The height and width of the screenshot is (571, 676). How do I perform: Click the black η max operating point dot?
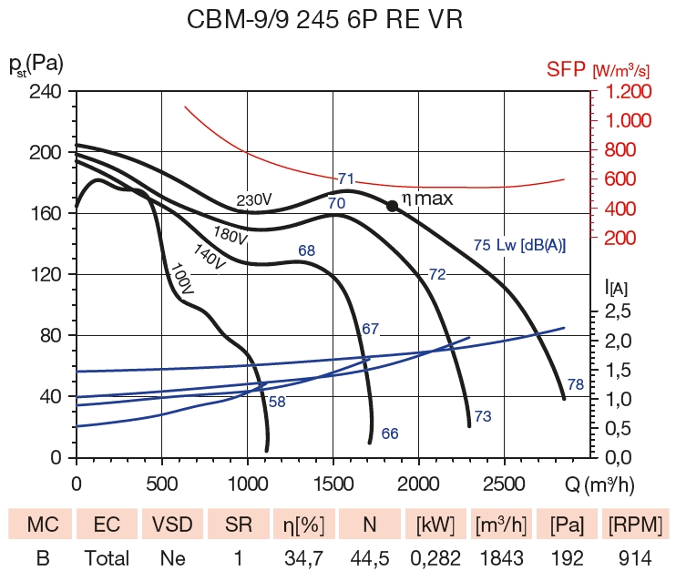392,206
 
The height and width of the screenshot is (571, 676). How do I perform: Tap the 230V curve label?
254,200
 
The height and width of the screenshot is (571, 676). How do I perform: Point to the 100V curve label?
182,279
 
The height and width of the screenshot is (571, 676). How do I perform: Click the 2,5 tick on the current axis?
619,311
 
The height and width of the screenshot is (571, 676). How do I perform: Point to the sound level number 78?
575,385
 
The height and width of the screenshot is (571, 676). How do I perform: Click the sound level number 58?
277,402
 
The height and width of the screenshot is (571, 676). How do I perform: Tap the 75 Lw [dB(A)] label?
519,245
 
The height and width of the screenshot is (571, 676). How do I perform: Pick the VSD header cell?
173,525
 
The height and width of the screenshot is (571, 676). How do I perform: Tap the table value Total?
108,557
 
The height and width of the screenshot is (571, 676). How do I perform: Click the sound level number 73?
483,416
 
